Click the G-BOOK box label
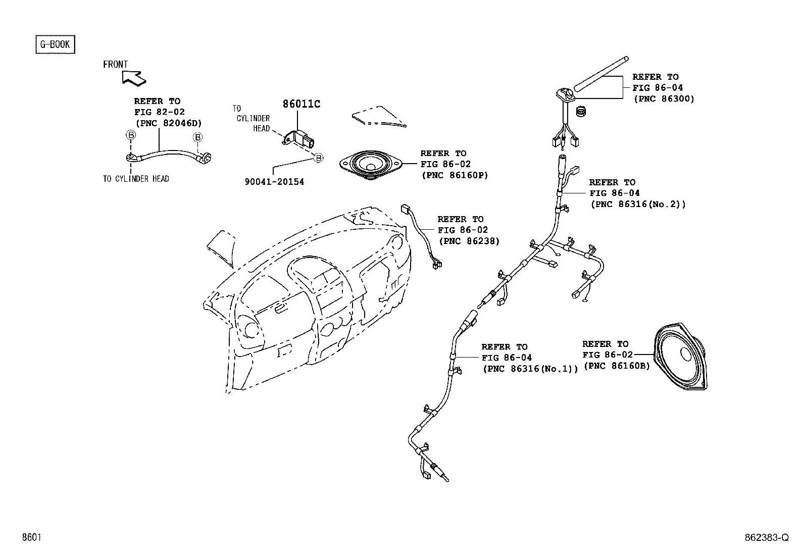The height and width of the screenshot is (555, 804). [x=55, y=44]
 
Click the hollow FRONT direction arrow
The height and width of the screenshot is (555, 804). [x=133, y=78]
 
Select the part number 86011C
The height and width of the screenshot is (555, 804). [x=301, y=104]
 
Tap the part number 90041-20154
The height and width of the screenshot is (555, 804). [x=274, y=182]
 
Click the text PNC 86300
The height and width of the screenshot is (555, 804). [x=664, y=99]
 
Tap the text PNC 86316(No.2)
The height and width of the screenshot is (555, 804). [x=638, y=204]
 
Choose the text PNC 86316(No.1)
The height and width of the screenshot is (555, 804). [x=530, y=369]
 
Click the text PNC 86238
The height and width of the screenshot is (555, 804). [x=469, y=241]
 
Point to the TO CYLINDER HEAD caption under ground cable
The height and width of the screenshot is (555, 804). [x=136, y=179]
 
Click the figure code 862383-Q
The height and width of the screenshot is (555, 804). [x=766, y=538]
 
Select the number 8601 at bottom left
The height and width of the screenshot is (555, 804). [x=31, y=538]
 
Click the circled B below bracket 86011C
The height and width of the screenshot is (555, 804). [x=318, y=158]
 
